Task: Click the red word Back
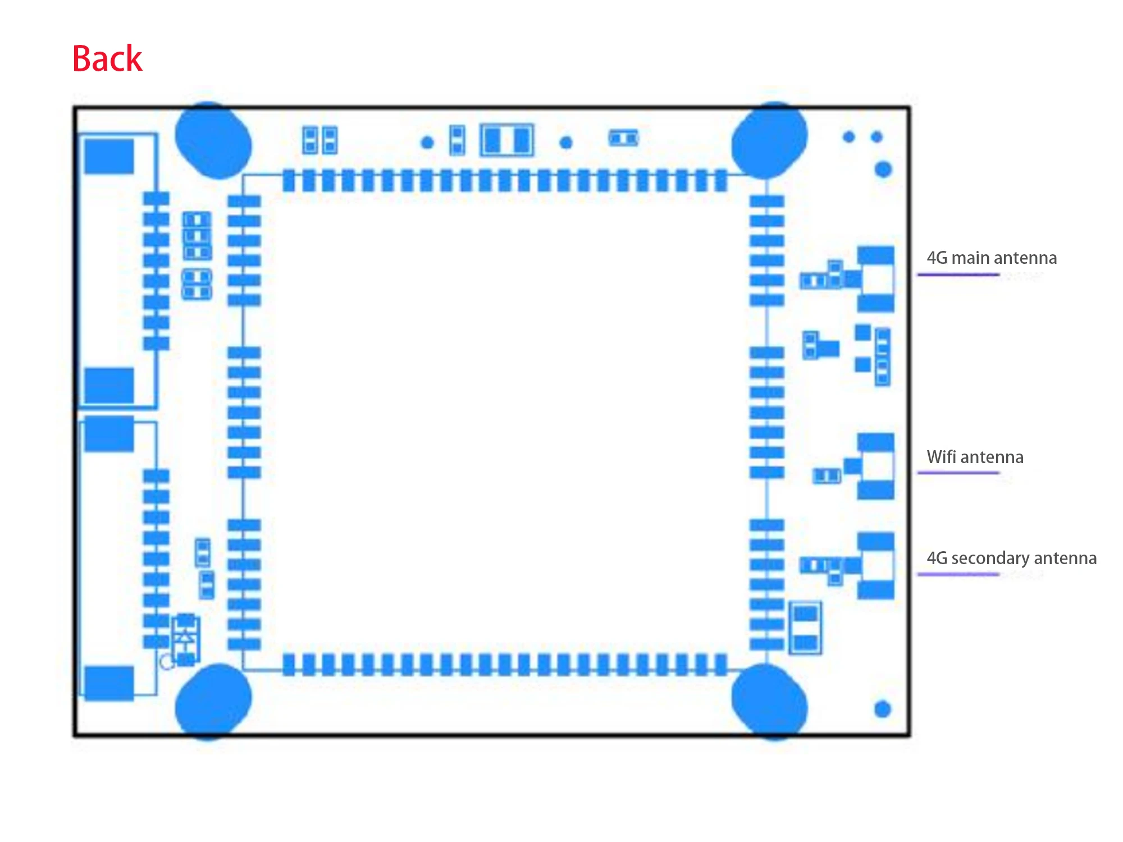pyautogui.click(x=107, y=58)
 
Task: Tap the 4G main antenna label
pyautogui.click(x=992, y=258)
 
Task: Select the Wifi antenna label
pyautogui.click(x=975, y=457)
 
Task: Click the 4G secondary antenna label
pyautogui.click(x=1011, y=558)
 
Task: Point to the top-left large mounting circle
pyautogui.click(x=213, y=140)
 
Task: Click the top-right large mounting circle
pyautogui.click(x=769, y=140)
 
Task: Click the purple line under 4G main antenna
pyautogui.click(x=958, y=274)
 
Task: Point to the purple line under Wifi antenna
pyautogui.click(x=958, y=473)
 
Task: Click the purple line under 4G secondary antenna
pyautogui.click(x=958, y=574)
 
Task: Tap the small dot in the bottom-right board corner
pyautogui.click(x=883, y=710)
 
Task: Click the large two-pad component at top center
pyautogui.click(x=507, y=140)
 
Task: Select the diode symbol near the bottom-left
pyautogui.click(x=185, y=639)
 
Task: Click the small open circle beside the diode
pyautogui.click(x=167, y=662)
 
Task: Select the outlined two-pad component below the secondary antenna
pyautogui.click(x=805, y=628)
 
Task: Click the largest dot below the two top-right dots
pyautogui.click(x=883, y=169)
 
